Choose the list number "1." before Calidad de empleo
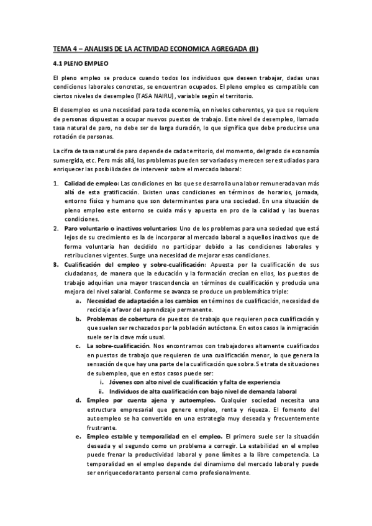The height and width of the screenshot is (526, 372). [55, 184]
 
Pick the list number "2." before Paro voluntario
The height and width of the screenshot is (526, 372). [55, 229]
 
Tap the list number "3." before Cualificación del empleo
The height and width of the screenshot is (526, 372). [55, 265]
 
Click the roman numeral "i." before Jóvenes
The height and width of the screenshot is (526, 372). [102, 382]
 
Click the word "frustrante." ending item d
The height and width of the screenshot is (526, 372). [104, 427]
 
